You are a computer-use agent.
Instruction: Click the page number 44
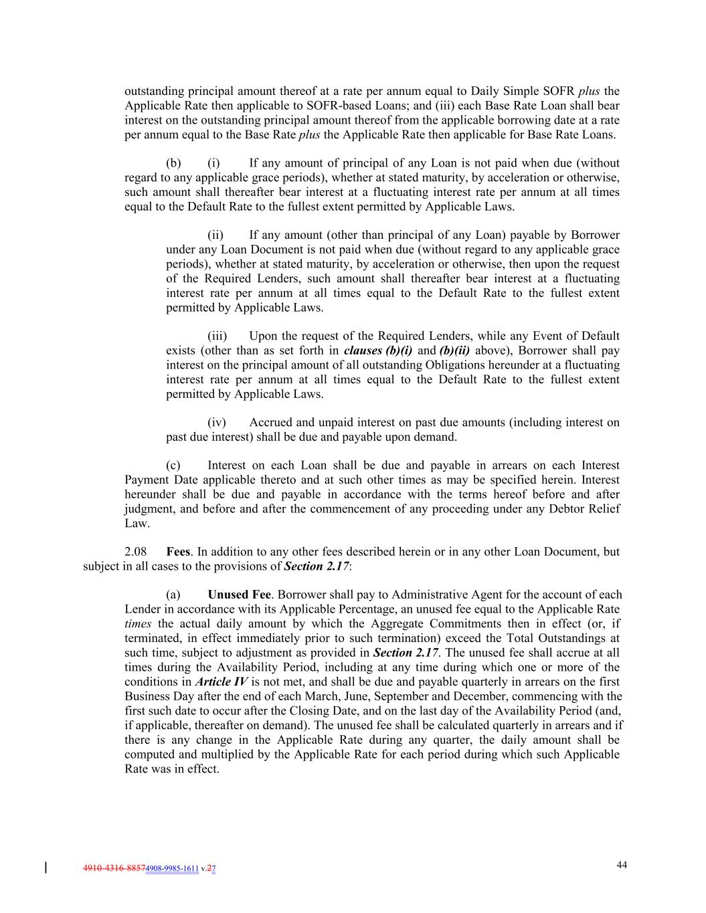[x=622, y=865]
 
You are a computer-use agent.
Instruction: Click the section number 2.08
[x=135, y=552]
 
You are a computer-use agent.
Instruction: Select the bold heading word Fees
[x=178, y=552]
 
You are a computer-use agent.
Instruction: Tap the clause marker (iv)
[x=217, y=422]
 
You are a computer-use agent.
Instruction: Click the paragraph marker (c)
[x=173, y=466]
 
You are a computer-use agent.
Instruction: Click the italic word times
[x=139, y=623]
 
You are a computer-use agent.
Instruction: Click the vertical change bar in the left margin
[x=46, y=868]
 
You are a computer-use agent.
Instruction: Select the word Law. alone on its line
[x=137, y=523]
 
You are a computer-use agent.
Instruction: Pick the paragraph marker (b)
[x=173, y=163]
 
